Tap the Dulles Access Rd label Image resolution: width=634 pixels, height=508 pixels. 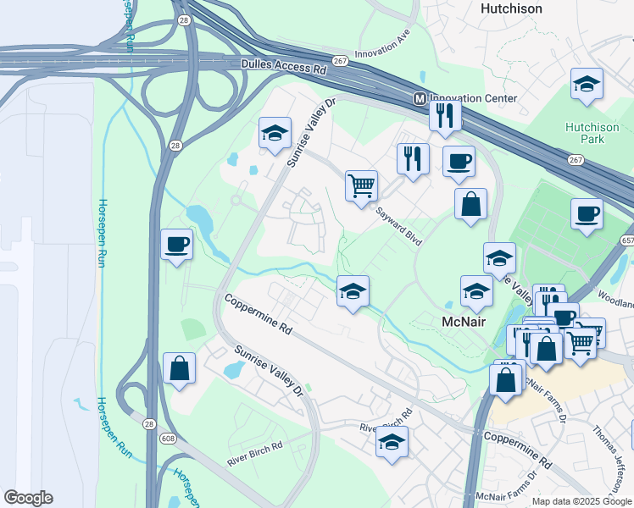[284, 66]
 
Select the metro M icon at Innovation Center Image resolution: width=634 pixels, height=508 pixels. [420, 98]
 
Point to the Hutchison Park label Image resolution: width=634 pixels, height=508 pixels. [592, 133]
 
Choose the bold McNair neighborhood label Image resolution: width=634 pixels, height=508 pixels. [464, 322]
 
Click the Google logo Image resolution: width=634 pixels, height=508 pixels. [28, 498]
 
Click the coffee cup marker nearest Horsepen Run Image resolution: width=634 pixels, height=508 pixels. [177, 246]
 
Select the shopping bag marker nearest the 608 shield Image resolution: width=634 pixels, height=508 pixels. [179, 368]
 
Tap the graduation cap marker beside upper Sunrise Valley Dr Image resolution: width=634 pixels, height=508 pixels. [274, 133]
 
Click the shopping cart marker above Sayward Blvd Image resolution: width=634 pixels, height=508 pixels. [361, 185]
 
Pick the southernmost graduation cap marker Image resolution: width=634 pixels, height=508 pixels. [392, 443]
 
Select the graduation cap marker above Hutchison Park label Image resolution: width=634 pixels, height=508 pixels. [587, 84]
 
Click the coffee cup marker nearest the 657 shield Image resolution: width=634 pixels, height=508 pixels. [587, 213]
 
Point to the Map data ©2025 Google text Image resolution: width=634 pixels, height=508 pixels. [581, 501]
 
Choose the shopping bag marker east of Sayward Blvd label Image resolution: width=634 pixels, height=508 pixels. [470, 204]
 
